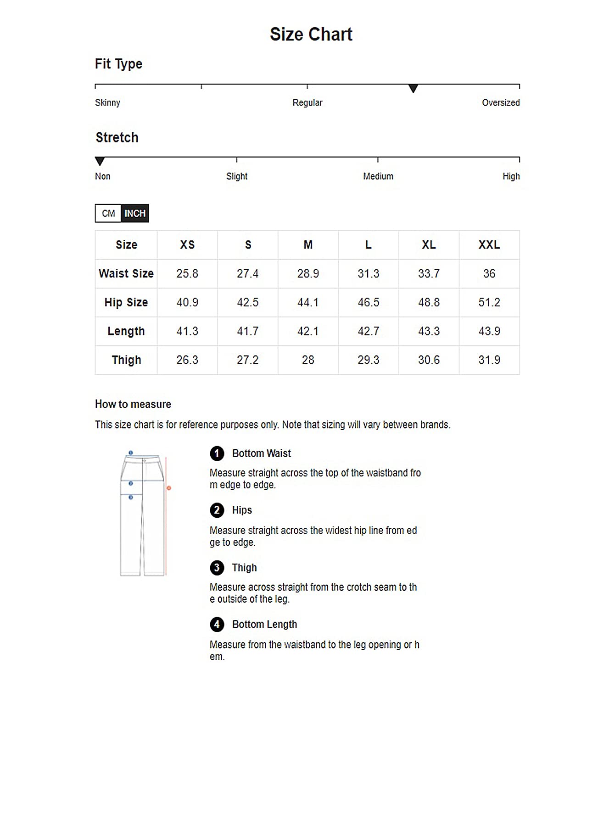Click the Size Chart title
click(311, 34)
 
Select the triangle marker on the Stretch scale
click(100, 161)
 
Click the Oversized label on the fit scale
click(500, 102)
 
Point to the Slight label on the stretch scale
click(236, 176)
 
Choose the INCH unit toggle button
click(135, 213)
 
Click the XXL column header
click(489, 245)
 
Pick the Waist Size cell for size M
click(307, 274)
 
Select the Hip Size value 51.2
click(489, 302)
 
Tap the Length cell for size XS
click(187, 331)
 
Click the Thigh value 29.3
click(368, 360)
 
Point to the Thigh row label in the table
click(126, 360)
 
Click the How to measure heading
click(133, 404)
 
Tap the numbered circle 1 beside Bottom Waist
click(217, 453)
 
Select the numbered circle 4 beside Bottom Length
click(217, 624)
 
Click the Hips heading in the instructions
click(242, 510)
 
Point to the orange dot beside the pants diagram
click(169, 488)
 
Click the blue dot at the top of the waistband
click(131, 453)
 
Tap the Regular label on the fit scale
click(307, 102)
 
